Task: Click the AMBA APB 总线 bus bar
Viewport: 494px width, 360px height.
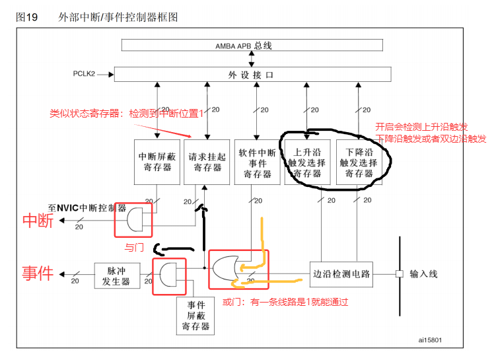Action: tap(252, 46)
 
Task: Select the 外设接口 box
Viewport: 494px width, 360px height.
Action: tap(250, 75)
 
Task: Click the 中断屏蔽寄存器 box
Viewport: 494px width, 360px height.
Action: tap(157, 162)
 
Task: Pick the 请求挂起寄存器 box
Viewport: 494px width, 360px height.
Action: tap(207, 162)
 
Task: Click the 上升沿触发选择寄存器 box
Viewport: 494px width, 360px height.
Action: tap(308, 162)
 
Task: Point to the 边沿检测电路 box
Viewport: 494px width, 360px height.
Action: tap(341, 273)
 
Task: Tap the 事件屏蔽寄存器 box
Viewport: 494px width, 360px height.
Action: tap(196, 316)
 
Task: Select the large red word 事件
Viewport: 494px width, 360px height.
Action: tap(38, 272)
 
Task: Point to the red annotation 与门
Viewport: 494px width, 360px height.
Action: tap(134, 248)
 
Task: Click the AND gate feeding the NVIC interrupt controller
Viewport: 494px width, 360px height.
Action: tap(135, 219)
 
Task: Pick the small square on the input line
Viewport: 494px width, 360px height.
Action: tap(399, 273)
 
